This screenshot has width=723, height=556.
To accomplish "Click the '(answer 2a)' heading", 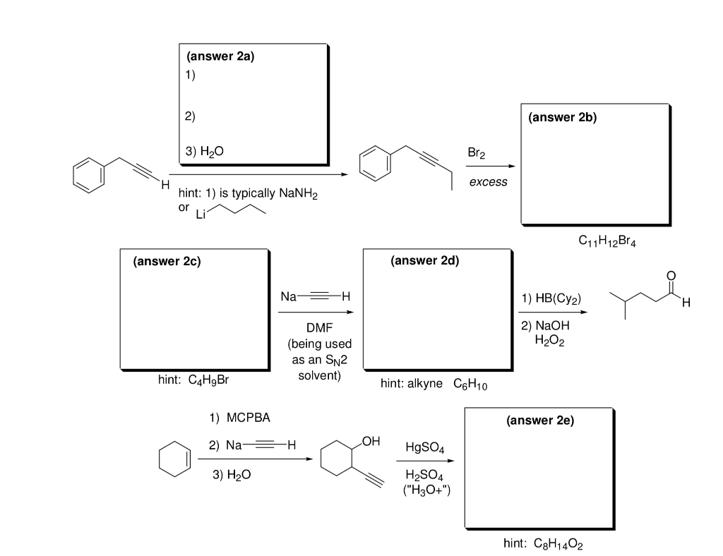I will [x=220, y=59].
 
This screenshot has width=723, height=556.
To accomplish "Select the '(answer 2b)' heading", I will [x=562, y=118].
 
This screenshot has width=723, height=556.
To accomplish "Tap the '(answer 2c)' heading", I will [x=167, y=262].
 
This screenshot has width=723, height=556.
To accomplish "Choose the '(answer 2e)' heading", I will [x=540, y=421].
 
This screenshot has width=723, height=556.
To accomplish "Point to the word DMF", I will [x=319, y=329].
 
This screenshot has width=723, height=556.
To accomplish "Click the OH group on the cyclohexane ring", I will [x=372, y=442].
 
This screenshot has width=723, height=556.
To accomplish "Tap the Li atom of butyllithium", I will [x=202, y=214].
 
